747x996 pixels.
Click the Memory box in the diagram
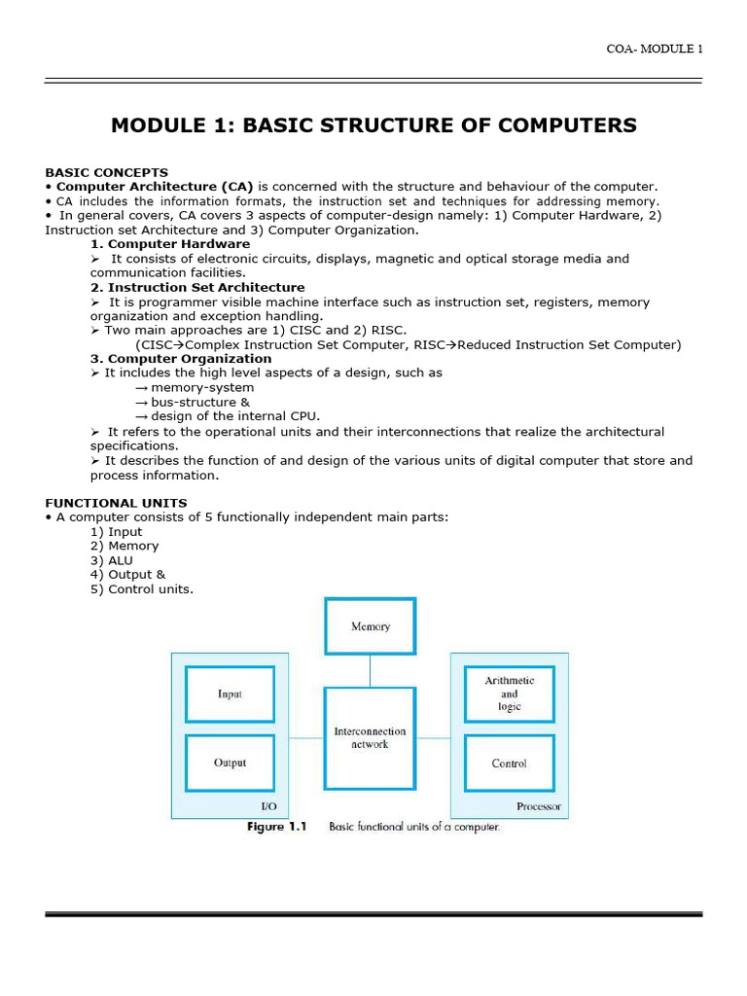pos(370,626)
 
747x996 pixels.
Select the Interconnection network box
pos(370,737)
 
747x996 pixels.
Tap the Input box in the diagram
pos(230,694)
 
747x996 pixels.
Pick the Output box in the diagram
pos(230,763)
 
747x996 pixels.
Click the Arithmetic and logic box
pos(509,694)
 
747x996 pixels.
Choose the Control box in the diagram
pos(509,764)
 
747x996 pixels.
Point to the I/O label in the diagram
pos(269,807)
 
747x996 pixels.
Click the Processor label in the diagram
pos(538,807)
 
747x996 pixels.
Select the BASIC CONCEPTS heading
pos(106,172)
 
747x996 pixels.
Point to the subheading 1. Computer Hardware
pos(170,244)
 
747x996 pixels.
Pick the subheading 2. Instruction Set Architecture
pos(197,288)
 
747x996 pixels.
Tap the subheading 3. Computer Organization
pos(181,359)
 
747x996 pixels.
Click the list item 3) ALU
pos(112,560)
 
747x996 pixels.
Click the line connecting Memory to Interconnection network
pos(370,671)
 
